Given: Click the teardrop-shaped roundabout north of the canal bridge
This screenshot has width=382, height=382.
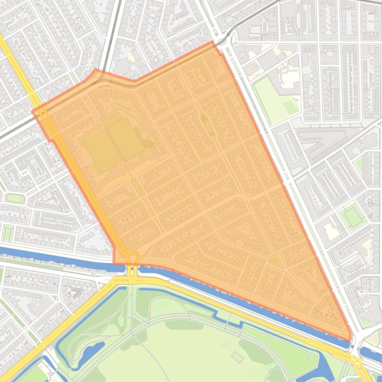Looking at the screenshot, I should [133, 257].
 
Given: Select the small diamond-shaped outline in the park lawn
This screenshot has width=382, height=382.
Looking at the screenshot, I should [238, 357].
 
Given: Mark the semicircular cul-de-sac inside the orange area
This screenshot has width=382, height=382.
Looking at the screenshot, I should [240, 243].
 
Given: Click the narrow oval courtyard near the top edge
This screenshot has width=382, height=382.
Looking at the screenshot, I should [299, 19].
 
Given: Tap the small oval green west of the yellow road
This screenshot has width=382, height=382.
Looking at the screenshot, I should [15, 198].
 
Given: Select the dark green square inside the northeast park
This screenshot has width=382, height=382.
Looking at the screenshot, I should [289, 106].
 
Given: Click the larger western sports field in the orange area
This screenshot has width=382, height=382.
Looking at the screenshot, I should [102, 150].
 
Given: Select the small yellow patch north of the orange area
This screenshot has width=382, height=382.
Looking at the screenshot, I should [130, 57].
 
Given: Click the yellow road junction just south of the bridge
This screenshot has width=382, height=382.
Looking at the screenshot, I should [132, 281].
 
